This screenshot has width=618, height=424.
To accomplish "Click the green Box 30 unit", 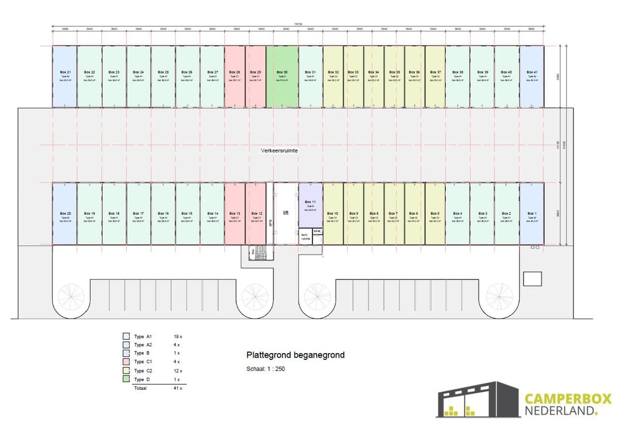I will (x=282, y=77).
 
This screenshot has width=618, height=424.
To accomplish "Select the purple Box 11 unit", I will (x=310, y=206).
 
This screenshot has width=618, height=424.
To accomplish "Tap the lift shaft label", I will (x=286, y=212).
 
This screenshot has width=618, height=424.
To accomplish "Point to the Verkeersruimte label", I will (x=279, y=150).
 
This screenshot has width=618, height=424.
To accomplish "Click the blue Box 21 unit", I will (x=65, y=77).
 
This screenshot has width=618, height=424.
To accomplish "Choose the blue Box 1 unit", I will (x=532, y=214).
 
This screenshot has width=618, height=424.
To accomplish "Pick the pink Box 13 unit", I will (x=235, y=214).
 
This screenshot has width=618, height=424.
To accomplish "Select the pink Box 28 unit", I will (x=235, y=77).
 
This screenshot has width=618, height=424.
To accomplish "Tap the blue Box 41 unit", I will (x=532, y=77).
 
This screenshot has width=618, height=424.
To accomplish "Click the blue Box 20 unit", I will (x=65, y=214).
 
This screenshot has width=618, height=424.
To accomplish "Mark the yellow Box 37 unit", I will (x=435, y=77).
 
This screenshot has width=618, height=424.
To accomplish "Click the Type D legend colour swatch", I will (x=126, y=379).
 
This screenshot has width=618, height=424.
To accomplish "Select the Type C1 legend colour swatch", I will (x=126, y=362).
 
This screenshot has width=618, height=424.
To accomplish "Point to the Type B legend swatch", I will (x=126, y=353).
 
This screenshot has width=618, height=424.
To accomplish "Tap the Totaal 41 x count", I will (x=177, y=389).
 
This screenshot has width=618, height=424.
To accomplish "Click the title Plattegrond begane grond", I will (x=295, y=355).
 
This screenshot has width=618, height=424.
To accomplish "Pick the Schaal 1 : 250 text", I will (x=266, y=369).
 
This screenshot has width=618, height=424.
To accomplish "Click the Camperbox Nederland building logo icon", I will (x=477, y=399).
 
